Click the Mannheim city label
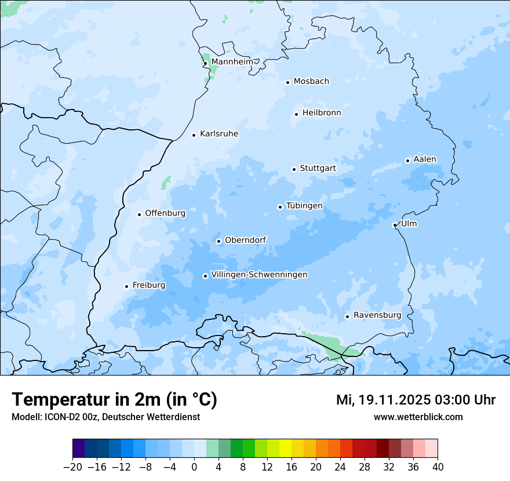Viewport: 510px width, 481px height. [x=232, y=62]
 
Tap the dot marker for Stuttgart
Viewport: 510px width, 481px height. [x=294, y=169]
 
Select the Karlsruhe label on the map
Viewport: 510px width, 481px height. [x=218, y=134]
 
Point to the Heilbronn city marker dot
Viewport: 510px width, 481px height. [x=296, y=114]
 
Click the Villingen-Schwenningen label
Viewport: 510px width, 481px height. [x=259, y=275]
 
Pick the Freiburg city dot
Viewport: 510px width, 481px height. [x=126, y=286]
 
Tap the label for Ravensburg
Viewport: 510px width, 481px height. [x=377, y=315]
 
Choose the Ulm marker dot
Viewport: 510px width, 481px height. [x=395, y=225]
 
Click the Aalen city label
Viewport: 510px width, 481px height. [x=424, y=159]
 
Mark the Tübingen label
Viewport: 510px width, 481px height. [x=304, y=206]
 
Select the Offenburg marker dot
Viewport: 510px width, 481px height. [x=139, y=214]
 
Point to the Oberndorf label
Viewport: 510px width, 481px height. [x=245, y=240]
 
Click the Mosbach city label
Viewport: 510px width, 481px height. [x=311, y=82]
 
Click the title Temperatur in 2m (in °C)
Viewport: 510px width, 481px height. [x=115, y=399]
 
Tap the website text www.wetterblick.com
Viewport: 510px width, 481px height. [x=418, y=417]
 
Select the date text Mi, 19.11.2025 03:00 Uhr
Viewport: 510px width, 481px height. [x=416, y=400]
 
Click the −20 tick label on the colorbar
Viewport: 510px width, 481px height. [x=72, y=467]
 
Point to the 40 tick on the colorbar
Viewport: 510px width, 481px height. [x=438, y=467]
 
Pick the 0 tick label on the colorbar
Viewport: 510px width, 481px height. [x=194, y=467]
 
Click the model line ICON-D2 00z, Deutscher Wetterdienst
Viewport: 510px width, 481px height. [x=105, y=417]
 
